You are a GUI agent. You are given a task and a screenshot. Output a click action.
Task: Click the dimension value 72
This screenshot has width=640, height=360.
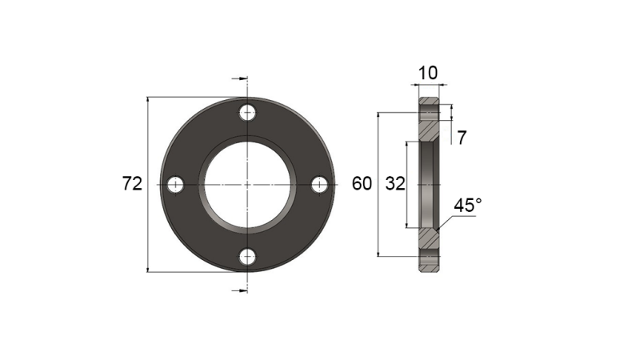tap(132, 184)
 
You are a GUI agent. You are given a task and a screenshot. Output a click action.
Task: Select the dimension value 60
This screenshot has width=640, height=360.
tap(362, 184)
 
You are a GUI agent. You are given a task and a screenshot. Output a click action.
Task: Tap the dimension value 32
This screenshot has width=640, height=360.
tap(394, 184)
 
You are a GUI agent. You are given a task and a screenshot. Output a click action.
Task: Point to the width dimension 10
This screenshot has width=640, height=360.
tap(429, 73)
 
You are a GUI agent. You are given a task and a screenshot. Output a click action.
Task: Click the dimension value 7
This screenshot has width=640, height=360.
tap(462, 137)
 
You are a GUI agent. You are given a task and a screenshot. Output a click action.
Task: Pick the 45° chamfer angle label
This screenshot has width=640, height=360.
tap(468, 206)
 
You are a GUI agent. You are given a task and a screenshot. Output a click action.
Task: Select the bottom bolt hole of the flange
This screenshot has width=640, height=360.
tap(248, 257)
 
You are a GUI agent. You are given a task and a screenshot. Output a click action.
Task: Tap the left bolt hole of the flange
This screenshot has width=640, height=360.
tap(176, 185)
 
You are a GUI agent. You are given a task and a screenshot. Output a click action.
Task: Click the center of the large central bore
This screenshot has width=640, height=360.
tap(248, 185)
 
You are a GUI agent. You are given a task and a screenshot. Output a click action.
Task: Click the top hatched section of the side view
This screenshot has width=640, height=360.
tap(430, 120)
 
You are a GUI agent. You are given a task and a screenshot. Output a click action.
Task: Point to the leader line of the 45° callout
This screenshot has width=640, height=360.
tap(446, 222)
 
